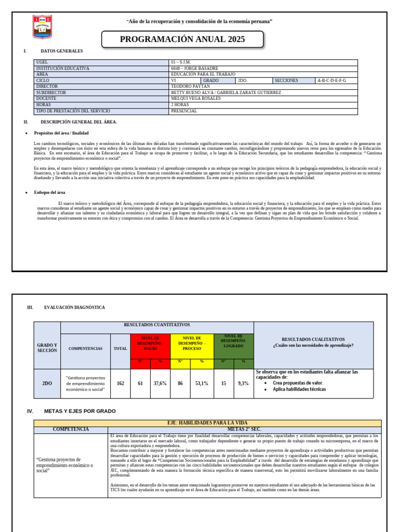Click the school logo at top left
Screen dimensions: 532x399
tap(42, 27)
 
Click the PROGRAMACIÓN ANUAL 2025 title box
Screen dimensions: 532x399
tap(182, 39)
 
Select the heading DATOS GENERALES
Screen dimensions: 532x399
tap(62, 51)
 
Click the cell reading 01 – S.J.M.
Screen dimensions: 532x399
tap(181, 62)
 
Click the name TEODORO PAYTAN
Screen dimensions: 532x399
tap(190, 87)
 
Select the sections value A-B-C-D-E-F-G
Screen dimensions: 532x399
tap(331, 81)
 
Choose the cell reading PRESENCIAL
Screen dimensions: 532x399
tap(183, 111)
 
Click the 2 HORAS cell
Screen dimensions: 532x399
tap(180, 105)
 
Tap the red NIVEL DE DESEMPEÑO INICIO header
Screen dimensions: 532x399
tap(150, 343)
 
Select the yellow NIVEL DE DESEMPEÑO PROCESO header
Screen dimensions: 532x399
tap(192, 343)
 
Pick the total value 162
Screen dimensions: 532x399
tap(121, 383)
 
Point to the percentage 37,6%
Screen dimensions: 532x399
tap(160, 383)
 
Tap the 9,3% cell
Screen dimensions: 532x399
tap(243, 383)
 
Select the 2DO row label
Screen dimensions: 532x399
tap(47, 383)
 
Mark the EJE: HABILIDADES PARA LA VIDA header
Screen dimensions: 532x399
tap(207, 423)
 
